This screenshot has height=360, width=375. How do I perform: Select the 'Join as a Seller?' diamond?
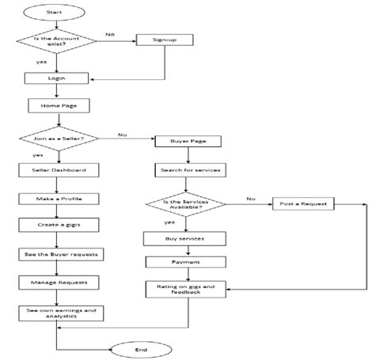click(57, 141)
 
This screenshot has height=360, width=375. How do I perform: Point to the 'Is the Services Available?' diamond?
click(184, 205)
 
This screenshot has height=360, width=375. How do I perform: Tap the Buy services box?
click(184, 237)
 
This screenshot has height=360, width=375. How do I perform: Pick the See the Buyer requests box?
click(57, 255)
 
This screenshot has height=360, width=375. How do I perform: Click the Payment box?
click(184, 262)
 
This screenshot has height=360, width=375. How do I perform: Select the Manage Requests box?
click(57, 282)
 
